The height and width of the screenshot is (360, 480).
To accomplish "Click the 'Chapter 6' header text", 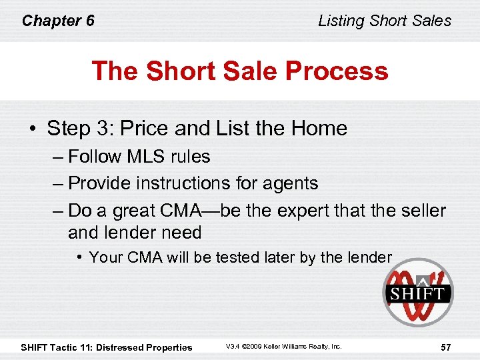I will tap(58, 21).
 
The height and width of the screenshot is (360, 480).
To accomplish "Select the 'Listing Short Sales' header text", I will tap(385, 21).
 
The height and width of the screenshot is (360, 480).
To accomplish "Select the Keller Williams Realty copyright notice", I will tap(283, 347).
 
